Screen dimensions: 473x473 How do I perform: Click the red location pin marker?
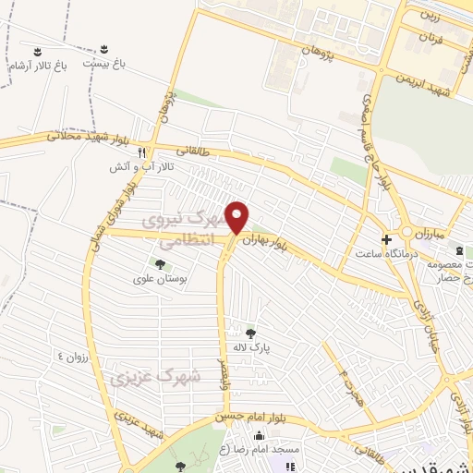click(x=237, y=216)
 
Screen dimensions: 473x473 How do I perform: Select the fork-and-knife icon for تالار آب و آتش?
click(x=141, y=152)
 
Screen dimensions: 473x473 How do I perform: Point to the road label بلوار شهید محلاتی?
click(x=82, y=139)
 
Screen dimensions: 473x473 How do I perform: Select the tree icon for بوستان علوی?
click(x=160, y=265)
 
